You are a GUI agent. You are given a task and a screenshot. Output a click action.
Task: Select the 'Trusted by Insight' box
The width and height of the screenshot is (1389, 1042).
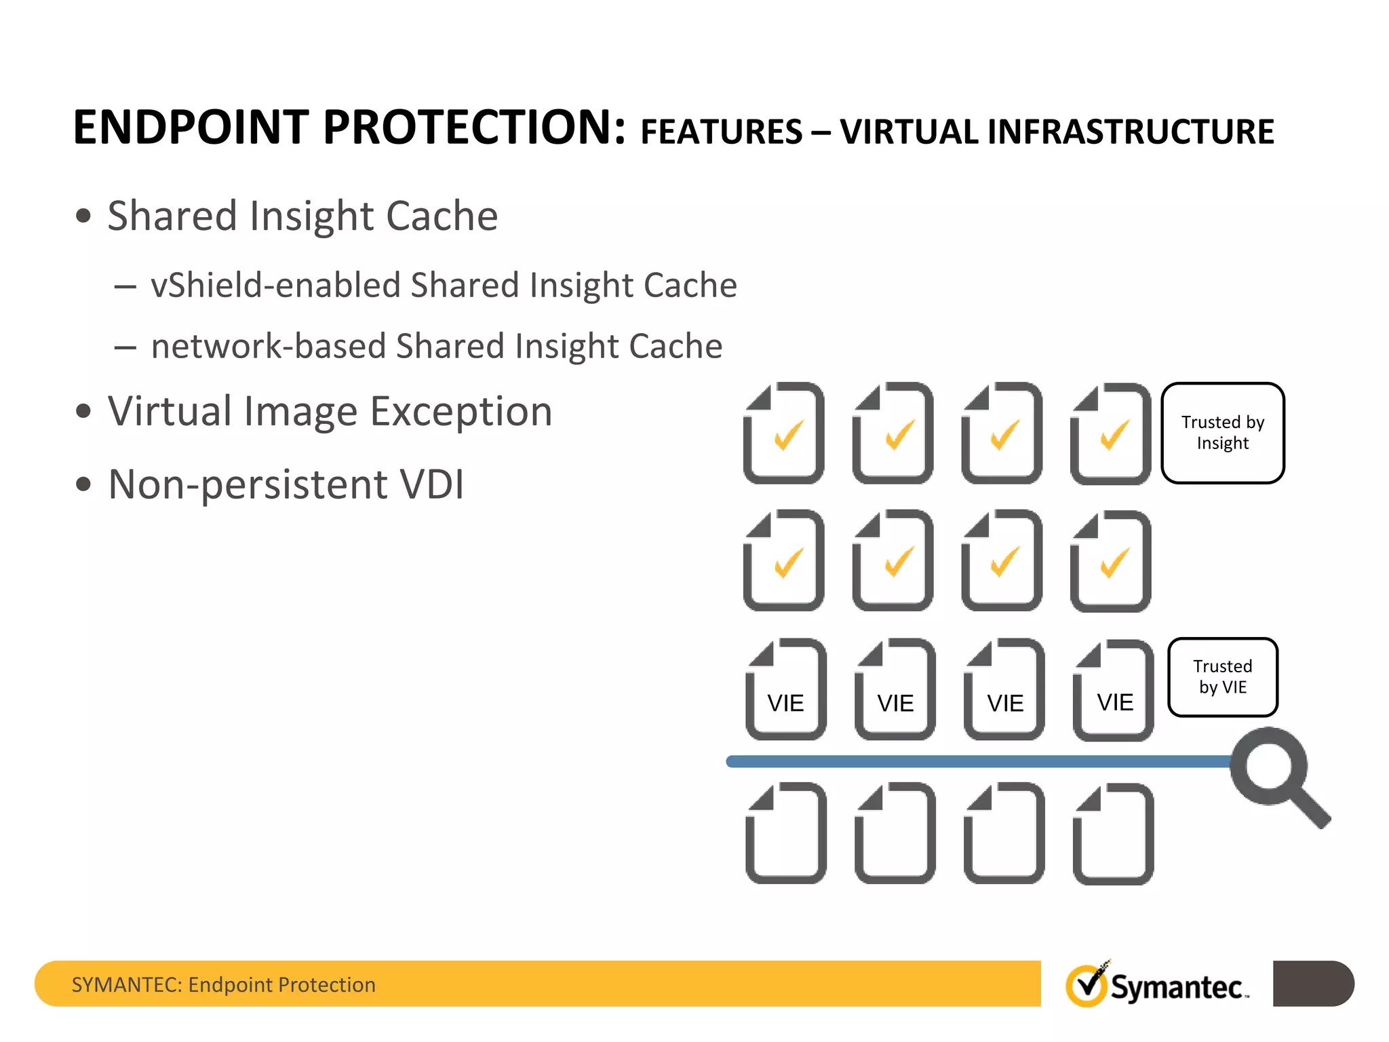[1222, 433]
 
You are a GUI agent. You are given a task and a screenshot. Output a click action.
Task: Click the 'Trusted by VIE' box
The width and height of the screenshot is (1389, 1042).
[1222, 676]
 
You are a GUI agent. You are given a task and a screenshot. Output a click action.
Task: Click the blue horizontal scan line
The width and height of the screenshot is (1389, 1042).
[977, 761]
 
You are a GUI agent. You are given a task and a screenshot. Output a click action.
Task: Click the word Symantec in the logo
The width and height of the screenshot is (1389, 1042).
[1177, 987]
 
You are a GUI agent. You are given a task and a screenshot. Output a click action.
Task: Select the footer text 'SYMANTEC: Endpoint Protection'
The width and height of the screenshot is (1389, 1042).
[224, 984]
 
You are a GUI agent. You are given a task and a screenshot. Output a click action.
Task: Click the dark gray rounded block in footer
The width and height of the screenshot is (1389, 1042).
[1312, 984]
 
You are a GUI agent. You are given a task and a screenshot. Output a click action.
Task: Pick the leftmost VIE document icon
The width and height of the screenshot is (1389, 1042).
[785, 689]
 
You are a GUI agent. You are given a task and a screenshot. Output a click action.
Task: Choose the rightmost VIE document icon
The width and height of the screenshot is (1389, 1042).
[1114, 689]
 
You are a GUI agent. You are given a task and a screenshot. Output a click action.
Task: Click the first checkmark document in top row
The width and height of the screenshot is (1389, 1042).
[784, 433]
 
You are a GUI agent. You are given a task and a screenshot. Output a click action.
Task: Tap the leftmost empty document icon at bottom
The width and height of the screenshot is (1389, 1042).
[785, 833]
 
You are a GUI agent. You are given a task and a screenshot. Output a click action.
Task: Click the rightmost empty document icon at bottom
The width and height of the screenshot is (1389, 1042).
[1114, 833]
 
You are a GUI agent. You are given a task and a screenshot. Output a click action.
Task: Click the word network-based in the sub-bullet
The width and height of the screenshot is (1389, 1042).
[269, 347]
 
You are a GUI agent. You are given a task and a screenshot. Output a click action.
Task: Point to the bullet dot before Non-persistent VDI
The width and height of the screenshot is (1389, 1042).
[83, 484]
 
